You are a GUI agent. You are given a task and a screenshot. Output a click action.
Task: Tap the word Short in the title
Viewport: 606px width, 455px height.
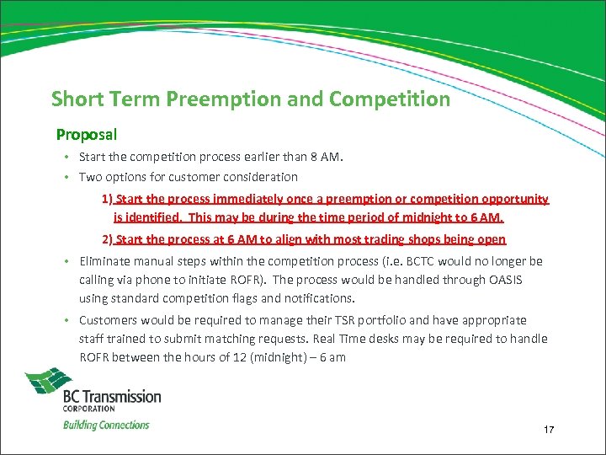coord(77,99)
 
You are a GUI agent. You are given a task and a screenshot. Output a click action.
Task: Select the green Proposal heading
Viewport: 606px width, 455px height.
coord(87,135)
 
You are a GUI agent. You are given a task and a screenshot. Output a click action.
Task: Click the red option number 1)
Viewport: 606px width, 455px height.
coord(108,200)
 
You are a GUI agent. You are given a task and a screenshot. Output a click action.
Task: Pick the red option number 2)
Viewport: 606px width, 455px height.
coord(108,239)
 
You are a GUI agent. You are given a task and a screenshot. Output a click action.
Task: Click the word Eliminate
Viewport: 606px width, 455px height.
coord(104,261)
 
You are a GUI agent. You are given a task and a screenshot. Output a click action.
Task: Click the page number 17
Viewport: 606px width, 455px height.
coord(549,431)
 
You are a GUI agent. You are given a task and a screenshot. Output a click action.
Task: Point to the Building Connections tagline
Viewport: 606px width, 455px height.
coord(106,426)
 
